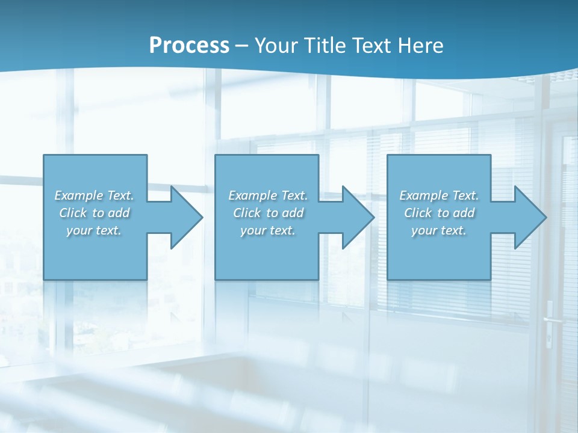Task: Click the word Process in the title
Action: pos(189,45)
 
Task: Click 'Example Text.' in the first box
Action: pos(94,195)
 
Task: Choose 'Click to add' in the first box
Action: pos(94,213)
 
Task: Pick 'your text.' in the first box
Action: pos(94,230)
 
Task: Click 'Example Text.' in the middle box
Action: pos(268,195)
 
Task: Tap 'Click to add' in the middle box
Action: pos(268,213)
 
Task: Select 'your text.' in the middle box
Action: pos(268,230)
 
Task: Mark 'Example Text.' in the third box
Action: pos(439,195)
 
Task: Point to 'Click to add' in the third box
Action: pos(439,213)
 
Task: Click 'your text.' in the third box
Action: pos(439,230)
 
